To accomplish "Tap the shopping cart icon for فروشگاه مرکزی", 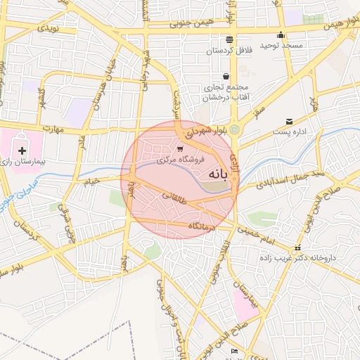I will [x=180, y=149].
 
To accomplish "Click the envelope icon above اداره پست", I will [x=290, y=122].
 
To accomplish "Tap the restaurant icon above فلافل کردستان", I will [x=229, y=39].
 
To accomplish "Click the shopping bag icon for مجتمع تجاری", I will [x=226, y=77].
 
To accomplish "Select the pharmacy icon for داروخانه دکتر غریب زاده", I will [x=297, y=248].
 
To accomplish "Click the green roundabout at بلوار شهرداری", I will [x=234, y=129].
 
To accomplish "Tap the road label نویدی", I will [x=47, y=29].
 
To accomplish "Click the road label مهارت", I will [x=51, y=129].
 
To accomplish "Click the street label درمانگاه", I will [x=203, y=226].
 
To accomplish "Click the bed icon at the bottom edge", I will [x=235, y=351].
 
